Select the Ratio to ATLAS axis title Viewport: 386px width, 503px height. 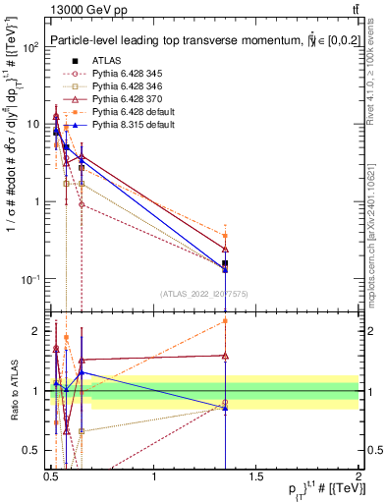pyautogui.click(x=13, y=391)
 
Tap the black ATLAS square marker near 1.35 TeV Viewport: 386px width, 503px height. pyautogui.click(x=226, y=263)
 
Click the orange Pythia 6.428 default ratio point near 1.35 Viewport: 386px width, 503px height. pyautogui.click(x=226, y=321)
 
